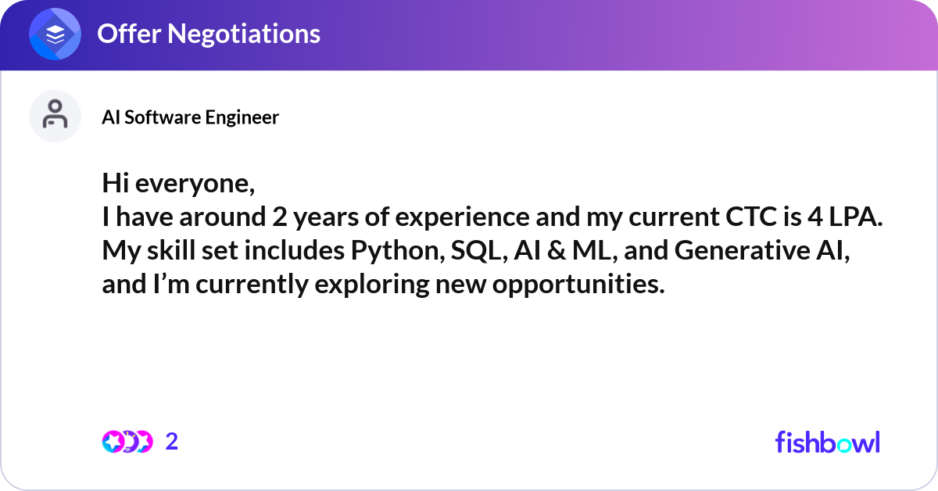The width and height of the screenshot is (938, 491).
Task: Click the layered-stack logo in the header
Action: click(x=55, y=34)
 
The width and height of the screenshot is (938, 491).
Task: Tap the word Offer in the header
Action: click(x=127, y=34)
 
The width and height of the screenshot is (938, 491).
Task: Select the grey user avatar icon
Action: click(x=55, y=116)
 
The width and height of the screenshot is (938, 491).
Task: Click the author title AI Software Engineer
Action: click(x=190, y=117)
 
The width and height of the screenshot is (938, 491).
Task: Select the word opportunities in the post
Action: click(x=578, y=285)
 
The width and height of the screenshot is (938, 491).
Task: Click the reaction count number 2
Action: click(x=172, y=442)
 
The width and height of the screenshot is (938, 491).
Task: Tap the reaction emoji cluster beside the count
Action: click(x=127, y=442)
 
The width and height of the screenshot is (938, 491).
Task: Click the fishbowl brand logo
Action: click(x=827, y=442)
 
